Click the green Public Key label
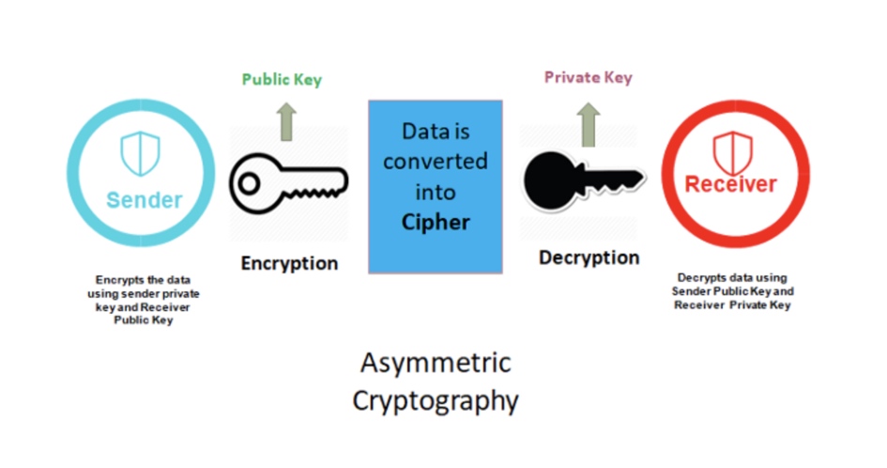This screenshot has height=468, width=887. (x=282, y=79)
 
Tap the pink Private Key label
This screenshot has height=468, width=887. (x=588, y=78)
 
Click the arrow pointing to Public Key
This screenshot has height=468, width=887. (x=287, y=121)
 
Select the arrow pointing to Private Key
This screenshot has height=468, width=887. (x=589, y=125)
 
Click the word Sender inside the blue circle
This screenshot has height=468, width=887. (x=145, y=200)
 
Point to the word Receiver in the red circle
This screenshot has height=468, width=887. (x=731, y=184)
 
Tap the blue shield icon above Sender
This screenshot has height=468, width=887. (x=140, y=153)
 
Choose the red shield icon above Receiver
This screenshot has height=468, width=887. (x=732, y=153)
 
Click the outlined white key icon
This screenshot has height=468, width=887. (x=288, y=183)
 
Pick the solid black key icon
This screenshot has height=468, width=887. (x=584, y=180)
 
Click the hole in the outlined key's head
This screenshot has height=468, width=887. (x=249, y=183)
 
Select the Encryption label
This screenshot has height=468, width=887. (x=289, y=263)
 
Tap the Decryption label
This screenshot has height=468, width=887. (x=589, y=257)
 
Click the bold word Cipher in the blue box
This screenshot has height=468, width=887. (x=435, y=222)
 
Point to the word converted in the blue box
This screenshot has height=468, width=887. (x=435, y=162)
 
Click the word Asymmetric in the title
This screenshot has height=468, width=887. (x=436, y=363)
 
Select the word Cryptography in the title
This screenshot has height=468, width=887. (x=435, y=401)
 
